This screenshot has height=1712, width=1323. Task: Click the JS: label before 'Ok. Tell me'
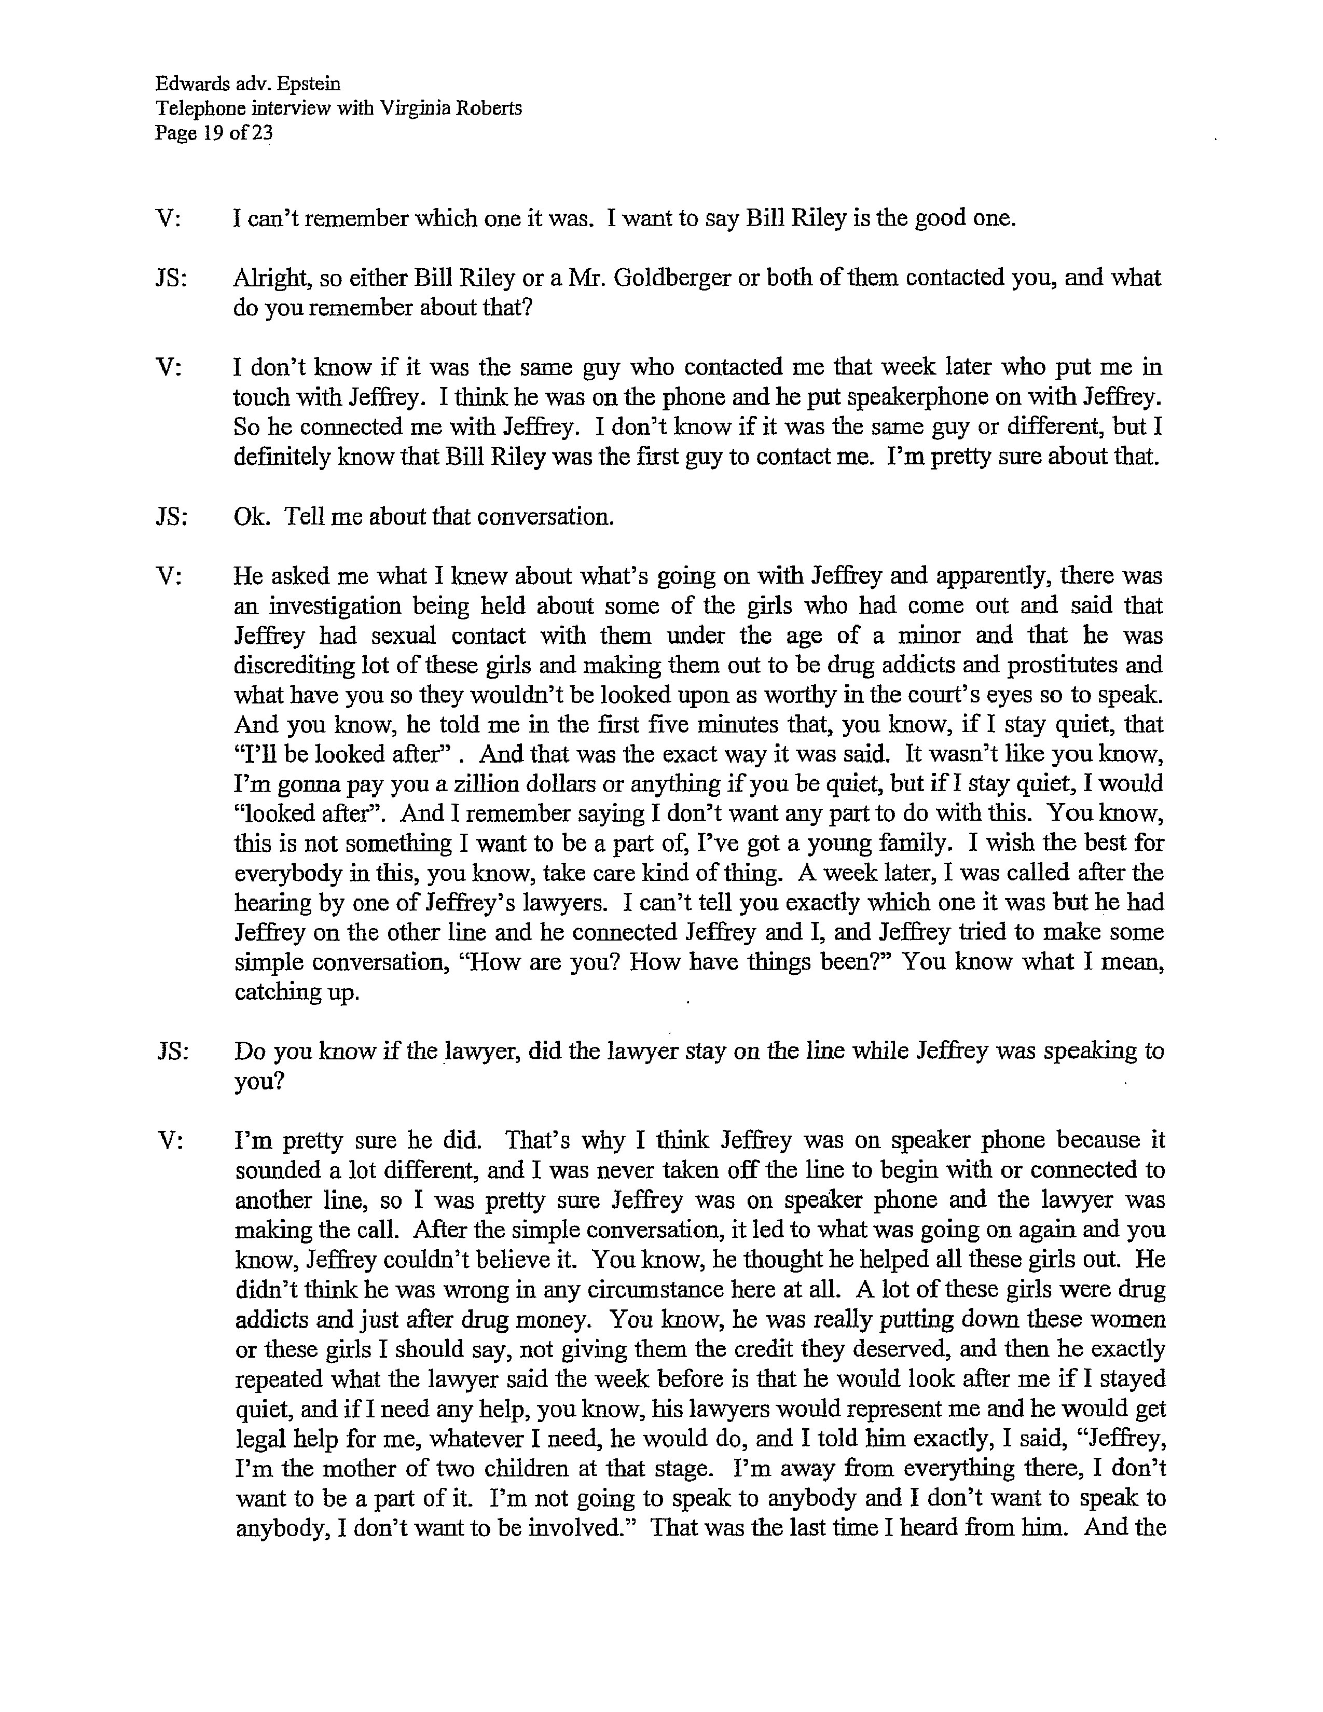pyautogui.click(x=172, y=517)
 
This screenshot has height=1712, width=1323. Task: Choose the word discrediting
pyautogui.click(x=294, y=666)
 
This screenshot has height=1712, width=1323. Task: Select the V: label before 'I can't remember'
pyautogui.click(x=169, y=218)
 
